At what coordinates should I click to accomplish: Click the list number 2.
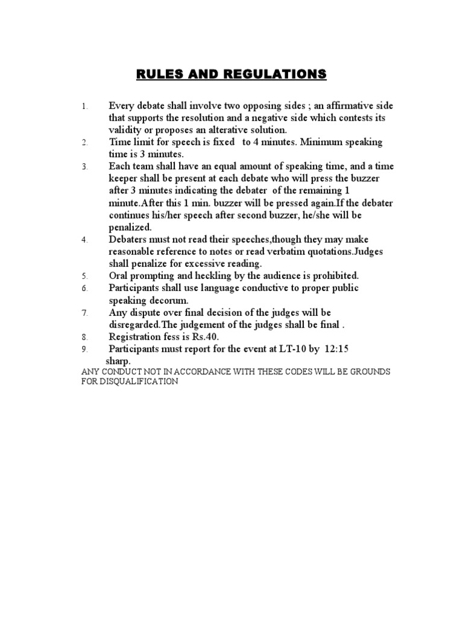[85, 143]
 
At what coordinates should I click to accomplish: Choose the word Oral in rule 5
[119, 275]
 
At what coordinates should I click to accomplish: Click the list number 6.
[85, 288]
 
